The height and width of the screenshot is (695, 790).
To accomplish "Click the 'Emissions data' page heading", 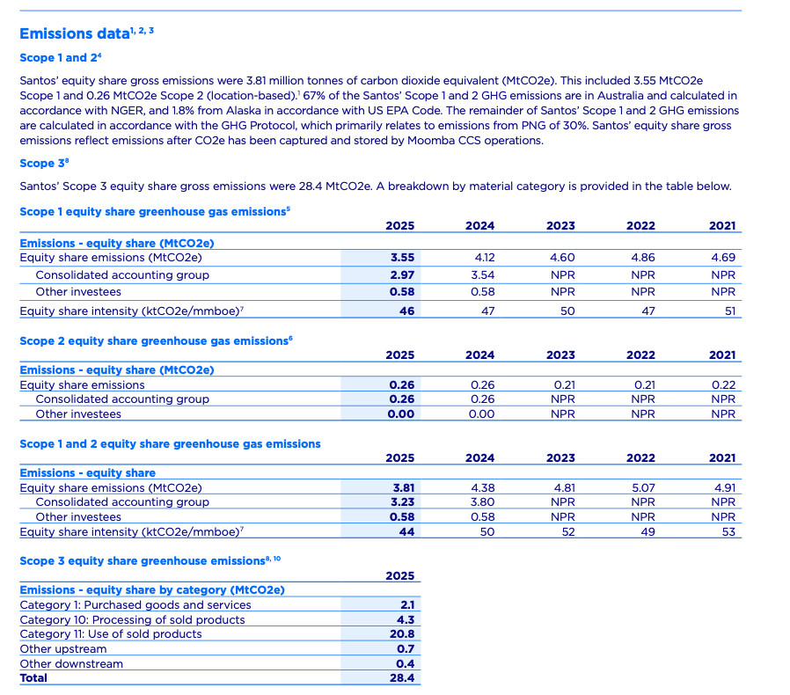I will tap(69, 33).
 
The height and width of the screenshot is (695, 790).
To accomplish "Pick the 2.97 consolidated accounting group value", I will tap(401, 275).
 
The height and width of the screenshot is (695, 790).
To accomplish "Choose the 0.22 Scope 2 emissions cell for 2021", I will tap(722, 384).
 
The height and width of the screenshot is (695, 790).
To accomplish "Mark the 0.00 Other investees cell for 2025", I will tap(401, 413).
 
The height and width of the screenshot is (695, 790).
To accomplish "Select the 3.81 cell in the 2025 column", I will tap(401, 487).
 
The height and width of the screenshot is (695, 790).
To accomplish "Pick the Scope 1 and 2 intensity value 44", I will tap(406, 531).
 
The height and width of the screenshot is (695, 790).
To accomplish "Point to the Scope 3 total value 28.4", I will tap(402, 678).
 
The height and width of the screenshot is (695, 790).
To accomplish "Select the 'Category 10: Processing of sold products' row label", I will tap(132, 619).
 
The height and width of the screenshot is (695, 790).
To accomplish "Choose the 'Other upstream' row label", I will tap(63, 649).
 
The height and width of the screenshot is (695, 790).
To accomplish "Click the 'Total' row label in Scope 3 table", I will tap(34, 678).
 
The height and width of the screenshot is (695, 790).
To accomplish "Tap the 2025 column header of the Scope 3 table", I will tap(400, 575).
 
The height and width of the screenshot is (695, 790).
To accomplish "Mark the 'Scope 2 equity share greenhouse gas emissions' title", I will tap(154, 340).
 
